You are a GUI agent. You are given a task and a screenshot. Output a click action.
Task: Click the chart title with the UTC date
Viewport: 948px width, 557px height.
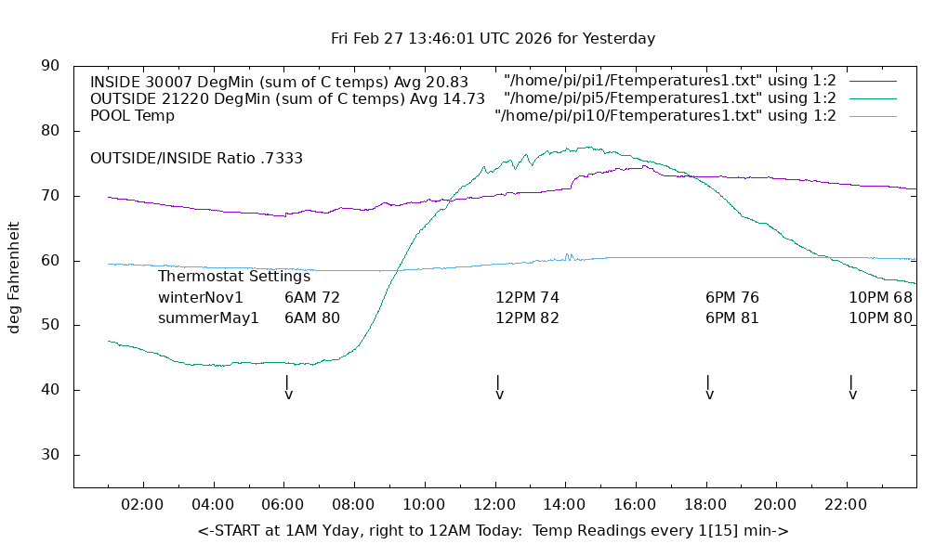point(493,39)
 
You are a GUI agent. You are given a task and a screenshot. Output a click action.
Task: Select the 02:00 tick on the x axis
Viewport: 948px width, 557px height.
point(144,504)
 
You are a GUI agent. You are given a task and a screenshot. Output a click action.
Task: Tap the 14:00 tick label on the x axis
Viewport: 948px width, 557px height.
point(564,504)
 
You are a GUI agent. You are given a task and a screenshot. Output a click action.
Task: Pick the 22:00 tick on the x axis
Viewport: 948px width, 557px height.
point(845,504)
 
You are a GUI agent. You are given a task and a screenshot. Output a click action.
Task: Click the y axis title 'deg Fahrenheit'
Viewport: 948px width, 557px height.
point(15,277)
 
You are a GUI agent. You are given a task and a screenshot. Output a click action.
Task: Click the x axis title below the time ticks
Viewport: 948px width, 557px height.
point(493,531)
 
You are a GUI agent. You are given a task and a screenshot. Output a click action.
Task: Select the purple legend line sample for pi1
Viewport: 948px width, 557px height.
point(872,81)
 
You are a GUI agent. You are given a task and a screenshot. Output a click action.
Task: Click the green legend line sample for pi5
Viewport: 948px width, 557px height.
point(872,98)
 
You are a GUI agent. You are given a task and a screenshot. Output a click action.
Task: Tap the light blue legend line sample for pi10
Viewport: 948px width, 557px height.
point(872,116)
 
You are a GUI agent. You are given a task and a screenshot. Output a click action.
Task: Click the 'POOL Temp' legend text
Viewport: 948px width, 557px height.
point(132,116)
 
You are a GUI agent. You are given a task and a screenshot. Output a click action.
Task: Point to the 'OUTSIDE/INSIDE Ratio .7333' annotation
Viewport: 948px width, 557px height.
point(196,159)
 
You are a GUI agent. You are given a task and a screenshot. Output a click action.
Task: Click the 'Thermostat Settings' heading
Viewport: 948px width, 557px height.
point(233,276)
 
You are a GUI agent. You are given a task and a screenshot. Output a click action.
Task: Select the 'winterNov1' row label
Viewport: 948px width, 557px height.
point(200,298)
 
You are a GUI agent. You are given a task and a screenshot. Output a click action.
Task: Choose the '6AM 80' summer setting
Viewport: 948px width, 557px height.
point(311,317)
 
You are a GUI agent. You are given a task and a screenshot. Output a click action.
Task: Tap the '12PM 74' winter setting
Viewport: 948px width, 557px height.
point(527,298)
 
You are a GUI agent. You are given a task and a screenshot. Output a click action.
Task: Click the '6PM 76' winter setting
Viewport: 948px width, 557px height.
point(731,298)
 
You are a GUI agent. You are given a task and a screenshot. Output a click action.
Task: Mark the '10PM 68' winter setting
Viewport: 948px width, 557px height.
point(879,298)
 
